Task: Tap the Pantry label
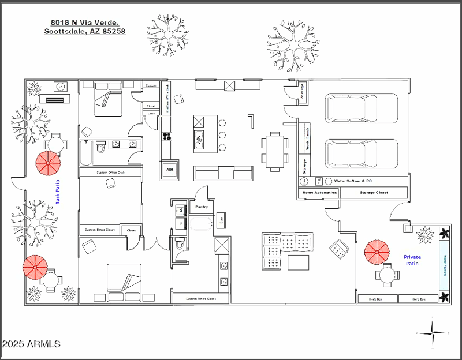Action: click(x=201, y=206)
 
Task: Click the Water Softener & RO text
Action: click(x=353, y=181)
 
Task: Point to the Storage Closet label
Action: click(x=374, y=192)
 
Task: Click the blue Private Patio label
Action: click(x=412, y=260)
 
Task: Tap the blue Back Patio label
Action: click(x=58, y=192)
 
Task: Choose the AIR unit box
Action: click(x=169, y=170)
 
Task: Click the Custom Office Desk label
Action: click(x=110, y=172)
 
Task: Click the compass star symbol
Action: click(x=433, y=333)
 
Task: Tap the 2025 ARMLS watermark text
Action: click(x=31, y=344)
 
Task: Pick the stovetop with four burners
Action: click(x=167, y=137)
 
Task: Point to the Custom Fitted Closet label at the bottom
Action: click(x=200, y=299)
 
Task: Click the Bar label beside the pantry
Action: click(x=221, y=219)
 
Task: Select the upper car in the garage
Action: click(x=362, y=108)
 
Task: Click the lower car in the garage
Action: click(x=362, y=154)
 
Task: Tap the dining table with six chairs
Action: click(x=274, y=148)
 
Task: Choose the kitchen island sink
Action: click(x=199, y=139)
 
